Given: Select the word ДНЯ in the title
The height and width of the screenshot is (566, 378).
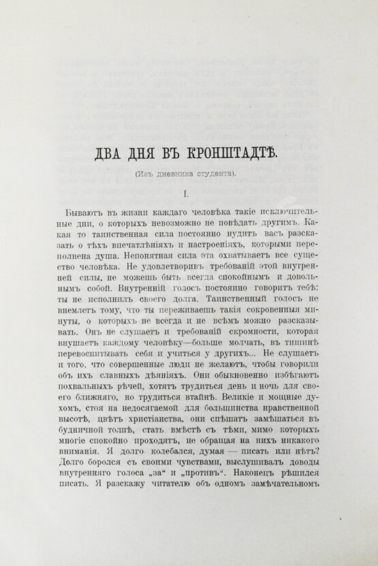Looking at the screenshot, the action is point(151,151).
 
